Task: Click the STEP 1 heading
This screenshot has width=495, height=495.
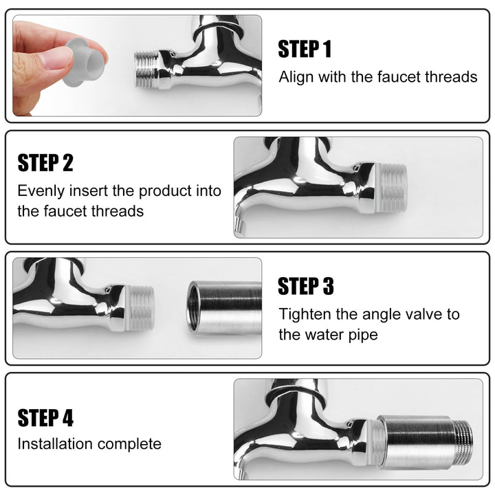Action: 305,49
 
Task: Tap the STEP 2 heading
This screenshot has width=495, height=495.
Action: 45,163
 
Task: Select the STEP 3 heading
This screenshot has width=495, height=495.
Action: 306,286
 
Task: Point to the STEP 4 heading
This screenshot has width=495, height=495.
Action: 45,418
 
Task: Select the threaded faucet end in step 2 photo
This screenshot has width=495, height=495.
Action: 392,187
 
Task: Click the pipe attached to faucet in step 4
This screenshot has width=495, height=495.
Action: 419,440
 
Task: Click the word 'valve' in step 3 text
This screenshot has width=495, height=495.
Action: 426,314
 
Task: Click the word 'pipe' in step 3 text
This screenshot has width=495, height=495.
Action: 363,335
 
